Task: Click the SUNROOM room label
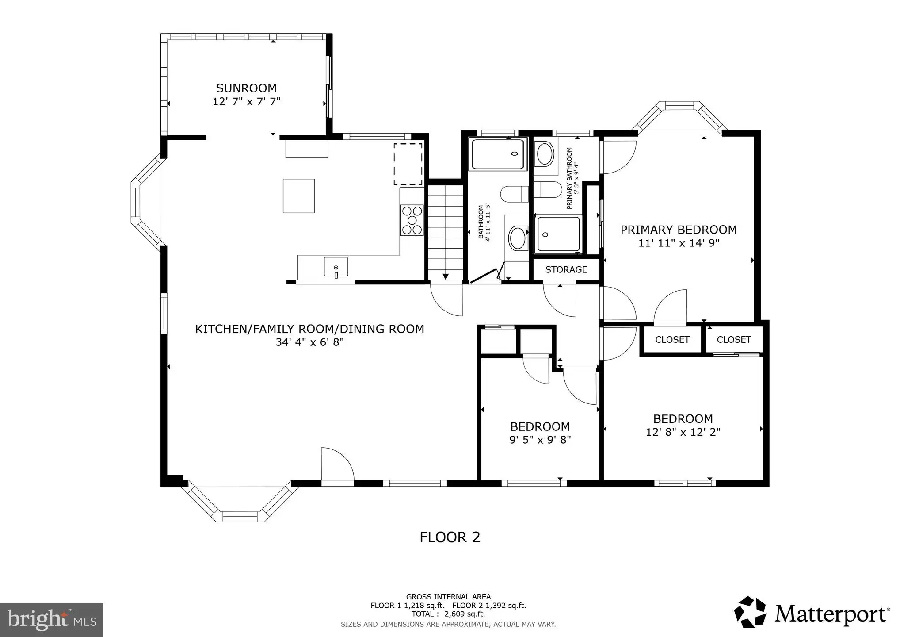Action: point(246,88)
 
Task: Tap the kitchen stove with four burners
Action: point(412,220)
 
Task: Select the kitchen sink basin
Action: point(336,267)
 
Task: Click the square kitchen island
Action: point(299,196)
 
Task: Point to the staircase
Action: point(445,233)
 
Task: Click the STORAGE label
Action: point(566,269)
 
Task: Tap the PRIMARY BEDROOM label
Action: point(679,230)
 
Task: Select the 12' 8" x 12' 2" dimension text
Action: point(683,432)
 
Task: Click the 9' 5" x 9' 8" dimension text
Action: point(540,440)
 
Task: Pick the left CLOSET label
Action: point(672,339)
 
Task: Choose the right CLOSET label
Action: point(734,339)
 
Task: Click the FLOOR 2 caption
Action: point(450,537)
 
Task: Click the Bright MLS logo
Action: point(52,620)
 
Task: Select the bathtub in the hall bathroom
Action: point(498,154)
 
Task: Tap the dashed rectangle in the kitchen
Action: point(408,164)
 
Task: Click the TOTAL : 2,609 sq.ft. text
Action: point(448,614)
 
